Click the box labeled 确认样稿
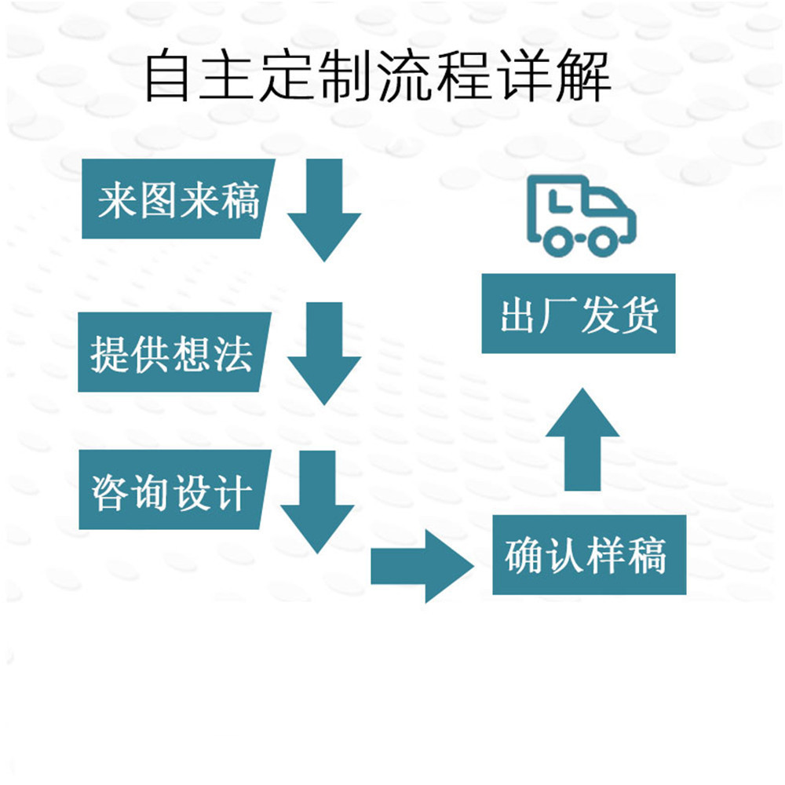[x=589, y=554]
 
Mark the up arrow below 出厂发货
[x=582, y=440]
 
